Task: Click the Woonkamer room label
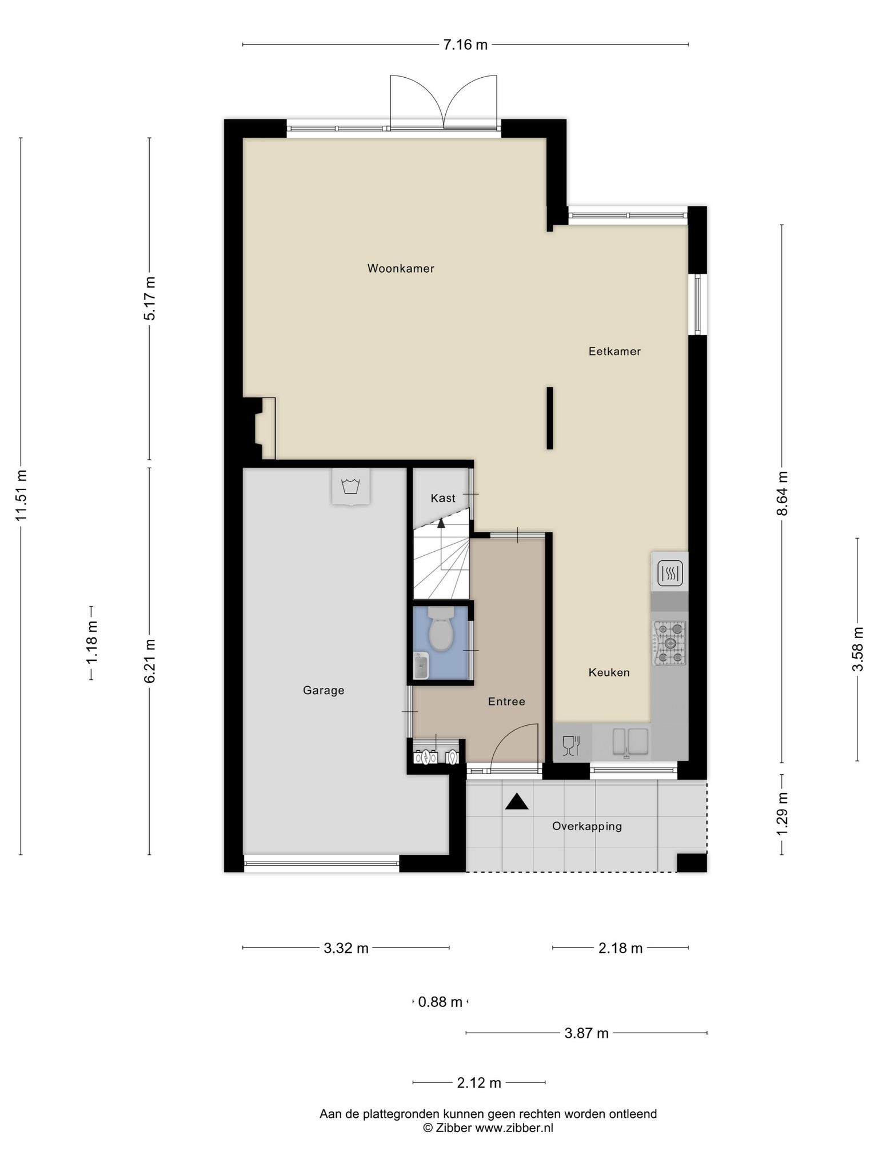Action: [401, 268]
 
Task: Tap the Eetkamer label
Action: [614, 351]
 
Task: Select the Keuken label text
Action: [609, 672]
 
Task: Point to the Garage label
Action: [324, 690]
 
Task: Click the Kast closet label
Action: [443, 498]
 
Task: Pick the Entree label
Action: [506, 701]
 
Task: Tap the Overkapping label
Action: [587, 826]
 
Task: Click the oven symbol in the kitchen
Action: [670, 572]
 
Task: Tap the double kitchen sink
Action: [630, 742]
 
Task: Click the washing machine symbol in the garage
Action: [350, 487]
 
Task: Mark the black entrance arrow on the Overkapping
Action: [517, 802]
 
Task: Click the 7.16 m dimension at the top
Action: [466, 45]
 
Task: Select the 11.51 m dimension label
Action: [21, 495]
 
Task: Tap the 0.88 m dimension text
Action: [440, 1002]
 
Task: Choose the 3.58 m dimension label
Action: [857, 650]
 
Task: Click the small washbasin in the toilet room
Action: [421, 666]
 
